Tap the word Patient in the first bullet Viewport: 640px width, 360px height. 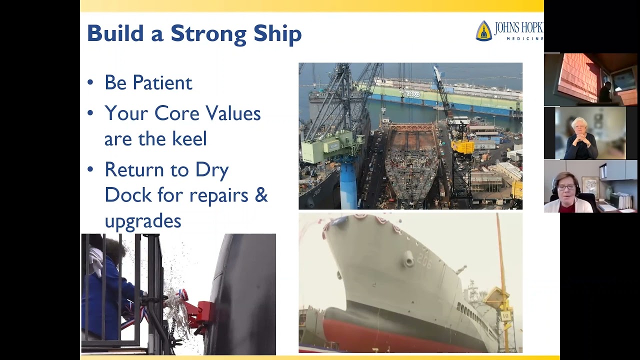[x=162, y=82]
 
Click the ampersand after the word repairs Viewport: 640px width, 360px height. [x=260, y=194]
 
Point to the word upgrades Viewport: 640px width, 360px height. [x=143, y=220]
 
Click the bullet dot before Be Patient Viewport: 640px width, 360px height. [x=90, y=82]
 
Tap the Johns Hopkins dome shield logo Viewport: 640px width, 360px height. [x=483, y=30]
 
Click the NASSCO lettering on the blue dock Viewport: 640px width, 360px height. [x=412, y=93]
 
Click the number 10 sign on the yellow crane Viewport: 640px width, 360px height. [x=505, y=316]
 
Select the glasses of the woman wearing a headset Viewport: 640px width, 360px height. [x=566, y=187]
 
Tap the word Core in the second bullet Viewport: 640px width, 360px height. [x=176, y=113]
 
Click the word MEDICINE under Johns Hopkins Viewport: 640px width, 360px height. [x=525, y=38]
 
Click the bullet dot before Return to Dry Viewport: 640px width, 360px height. [x=90, y=169]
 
